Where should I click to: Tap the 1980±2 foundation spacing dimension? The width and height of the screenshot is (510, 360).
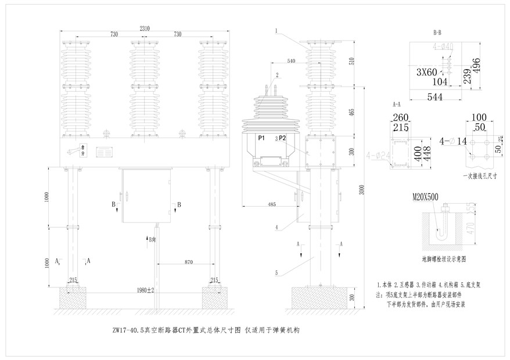point(145,289)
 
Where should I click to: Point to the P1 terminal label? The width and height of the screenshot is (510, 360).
point(261,138)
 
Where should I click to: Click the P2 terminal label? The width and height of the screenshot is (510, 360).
point(282,138)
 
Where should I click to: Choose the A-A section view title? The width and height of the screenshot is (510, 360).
point(397,105)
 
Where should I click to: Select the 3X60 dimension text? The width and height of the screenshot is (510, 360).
point(427,73)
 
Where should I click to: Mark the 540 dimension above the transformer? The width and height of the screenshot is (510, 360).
point(292,60)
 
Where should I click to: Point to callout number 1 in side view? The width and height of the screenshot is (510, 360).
point(277,30)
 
